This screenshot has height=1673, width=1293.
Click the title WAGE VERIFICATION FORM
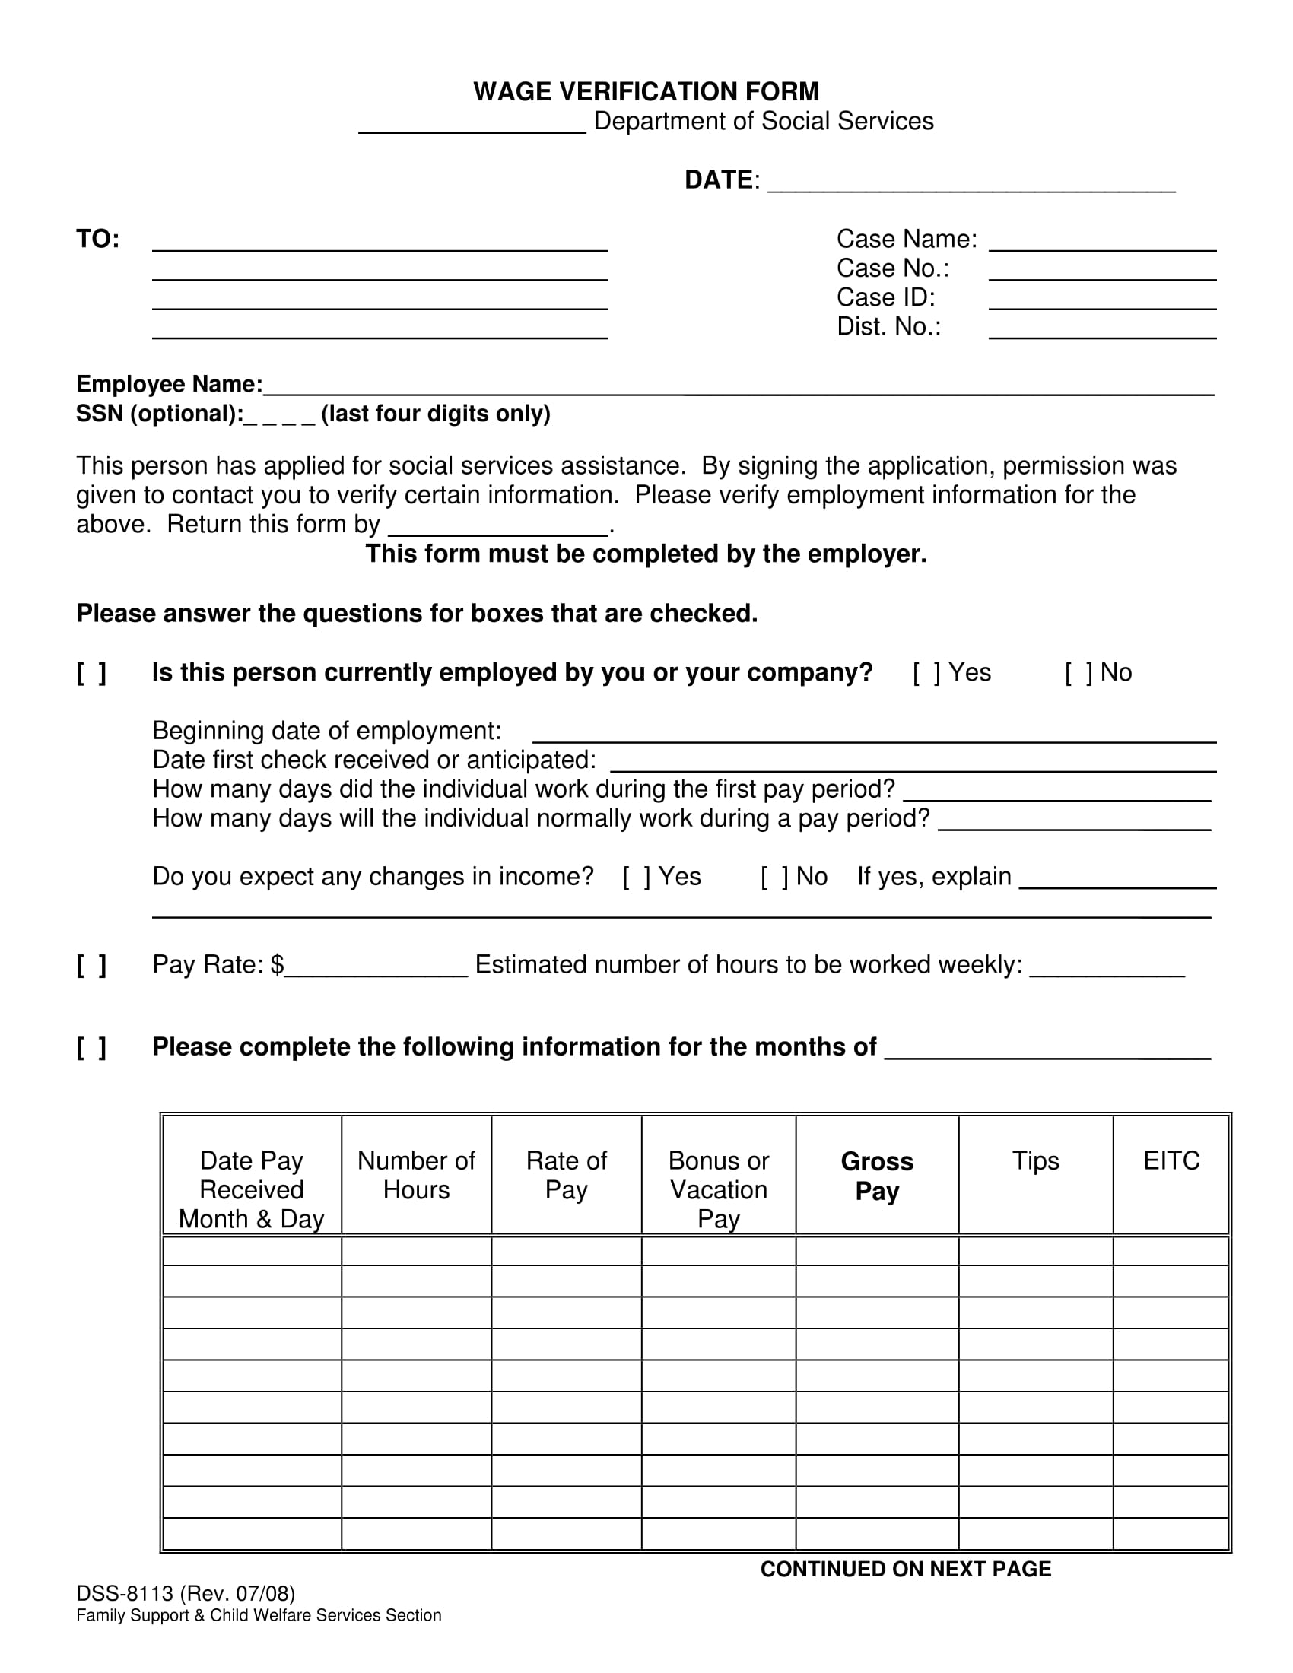[646, 92]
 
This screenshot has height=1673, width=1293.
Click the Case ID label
[885, 297]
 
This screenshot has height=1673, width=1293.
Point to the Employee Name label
[169, 384]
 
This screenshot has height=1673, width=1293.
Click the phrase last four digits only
[435, 414]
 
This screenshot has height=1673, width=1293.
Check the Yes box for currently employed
[926, 672]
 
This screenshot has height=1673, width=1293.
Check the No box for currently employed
[1079, 672]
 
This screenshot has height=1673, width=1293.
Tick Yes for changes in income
[637, 877]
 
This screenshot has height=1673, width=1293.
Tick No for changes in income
[774, 877]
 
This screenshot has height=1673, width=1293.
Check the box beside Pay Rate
[91, 965]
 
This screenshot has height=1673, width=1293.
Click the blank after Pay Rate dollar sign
[375, 967]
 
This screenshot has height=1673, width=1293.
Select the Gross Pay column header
[876, 1176]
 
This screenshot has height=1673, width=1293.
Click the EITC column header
[1171, 1161]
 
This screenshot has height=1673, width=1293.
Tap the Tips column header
[1035, 1161]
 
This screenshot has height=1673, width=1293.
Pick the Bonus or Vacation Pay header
[718, 1189]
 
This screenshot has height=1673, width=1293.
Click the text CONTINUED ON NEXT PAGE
[904, 1570]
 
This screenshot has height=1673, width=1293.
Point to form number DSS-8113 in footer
[125, 1594]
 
